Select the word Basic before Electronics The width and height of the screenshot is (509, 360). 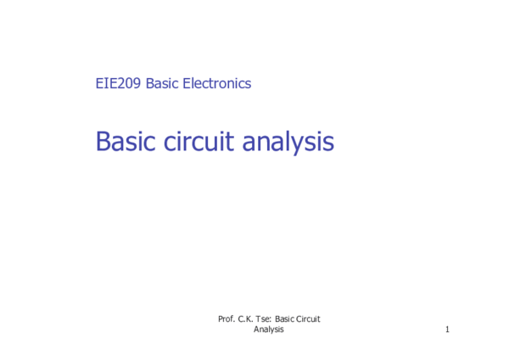coord(162,83)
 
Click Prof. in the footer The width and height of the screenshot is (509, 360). coord(227,318)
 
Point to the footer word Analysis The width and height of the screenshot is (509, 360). coord(269,329)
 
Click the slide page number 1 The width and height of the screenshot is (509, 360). coord(446,329)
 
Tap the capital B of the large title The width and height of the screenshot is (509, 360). coord(103,141)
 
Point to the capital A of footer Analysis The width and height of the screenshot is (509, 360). coord(256,329)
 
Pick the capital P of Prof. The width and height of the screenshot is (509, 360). coord(221,318)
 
